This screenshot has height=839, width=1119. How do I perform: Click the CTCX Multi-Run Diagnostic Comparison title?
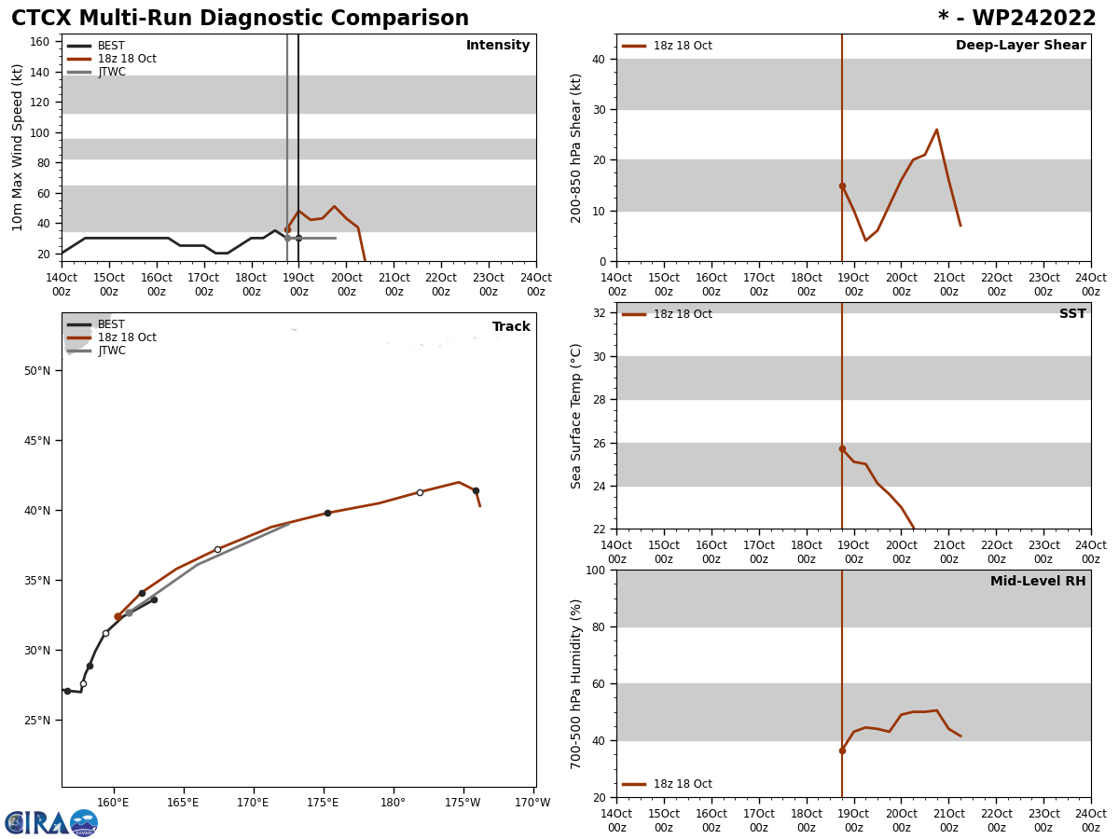pos(240,19)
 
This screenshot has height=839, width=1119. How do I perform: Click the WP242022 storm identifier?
pos(1016,19)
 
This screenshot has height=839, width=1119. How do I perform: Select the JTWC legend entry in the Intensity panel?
pos(111,72)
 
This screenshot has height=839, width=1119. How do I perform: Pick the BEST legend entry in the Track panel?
pos(111,324)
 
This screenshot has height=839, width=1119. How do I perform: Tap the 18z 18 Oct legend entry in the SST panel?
pos(682,314)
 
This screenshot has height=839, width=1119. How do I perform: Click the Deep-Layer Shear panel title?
pos(1020,46)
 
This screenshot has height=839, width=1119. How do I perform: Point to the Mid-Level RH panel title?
pos(1037,582)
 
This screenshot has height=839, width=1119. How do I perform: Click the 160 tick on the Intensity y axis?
pos(40,42)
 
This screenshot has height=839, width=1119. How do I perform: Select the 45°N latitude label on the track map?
pos(36,441)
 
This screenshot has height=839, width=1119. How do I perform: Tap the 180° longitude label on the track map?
pos(393,803)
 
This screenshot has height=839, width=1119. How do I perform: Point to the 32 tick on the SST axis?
pos(598,313)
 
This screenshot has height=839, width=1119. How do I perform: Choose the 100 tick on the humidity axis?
pos(594,571)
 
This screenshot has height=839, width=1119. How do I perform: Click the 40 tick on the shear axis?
pos(598,60)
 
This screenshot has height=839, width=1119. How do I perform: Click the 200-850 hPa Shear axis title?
pos(576,147)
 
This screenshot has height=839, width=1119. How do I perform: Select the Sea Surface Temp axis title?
pos(576,416)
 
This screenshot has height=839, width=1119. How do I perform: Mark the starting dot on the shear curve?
pos(842,186)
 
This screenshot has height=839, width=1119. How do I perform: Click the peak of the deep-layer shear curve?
pos(936,130)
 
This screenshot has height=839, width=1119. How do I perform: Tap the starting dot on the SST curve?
pos(842,448)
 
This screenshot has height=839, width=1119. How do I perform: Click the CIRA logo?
pos(51,823)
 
